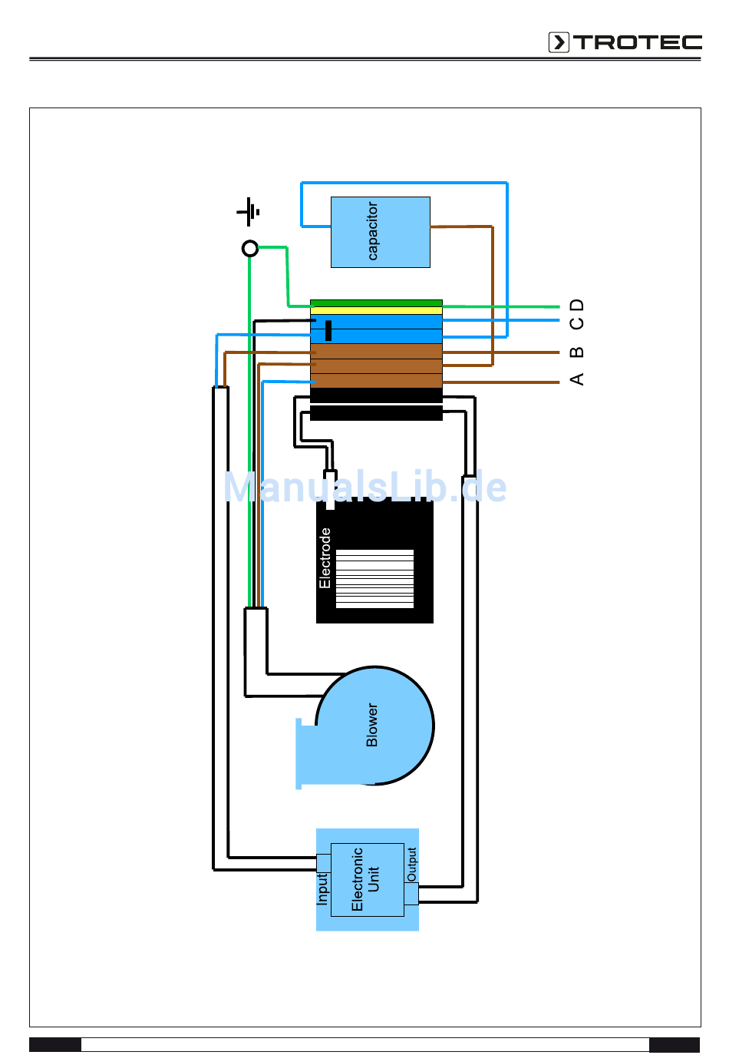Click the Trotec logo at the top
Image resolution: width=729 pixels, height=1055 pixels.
pyautogui.click(x=625, y=42)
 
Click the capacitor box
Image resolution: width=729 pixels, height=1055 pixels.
pyautogui.click(x=381, y=232)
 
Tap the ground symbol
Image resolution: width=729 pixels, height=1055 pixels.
pyautogui.click(x=248, y=212)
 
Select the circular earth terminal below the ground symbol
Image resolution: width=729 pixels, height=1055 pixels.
pyautogui.click(x=250, y=248)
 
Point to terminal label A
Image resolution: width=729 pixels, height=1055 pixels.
pyautogui.click(x=577, y=379)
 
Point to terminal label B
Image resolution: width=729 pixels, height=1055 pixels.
pyautogui.click(x=577, y=352)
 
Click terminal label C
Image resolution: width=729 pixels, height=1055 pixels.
pyautogui.click(x=577, y=323)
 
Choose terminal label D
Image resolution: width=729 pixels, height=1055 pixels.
pyautogui.click(x=577, y=305)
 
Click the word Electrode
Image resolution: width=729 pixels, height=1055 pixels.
pyautogui.click(x=325, y=558)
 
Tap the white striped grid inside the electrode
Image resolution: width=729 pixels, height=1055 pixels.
pyautogui.click(x=374, y=579)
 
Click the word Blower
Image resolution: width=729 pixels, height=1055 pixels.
pyautogui.click(x=372, y=726)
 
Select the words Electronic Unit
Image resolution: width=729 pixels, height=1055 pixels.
pyautogui.click(x=364, y=879)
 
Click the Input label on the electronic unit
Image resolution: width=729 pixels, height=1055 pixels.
pyautogui.click(x=322, y=888)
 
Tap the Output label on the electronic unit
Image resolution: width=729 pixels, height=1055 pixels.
pyautogui.click(x=412, y=865)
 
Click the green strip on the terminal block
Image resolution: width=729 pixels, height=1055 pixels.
pyautogui.click(x=376, y=303)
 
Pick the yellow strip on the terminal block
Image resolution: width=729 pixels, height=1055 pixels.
pyautogui.click(x=376, y=310)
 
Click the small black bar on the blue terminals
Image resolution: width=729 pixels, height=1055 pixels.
pyautogui.click(x=328, y=330)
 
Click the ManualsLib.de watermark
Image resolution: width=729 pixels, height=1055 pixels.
pyautogui.click(x=365, y=487)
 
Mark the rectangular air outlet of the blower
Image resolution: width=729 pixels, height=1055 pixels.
pyautogui.click(x=306, y=753)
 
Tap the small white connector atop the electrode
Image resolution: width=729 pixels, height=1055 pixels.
pyautogui.click(x=330, y=490)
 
